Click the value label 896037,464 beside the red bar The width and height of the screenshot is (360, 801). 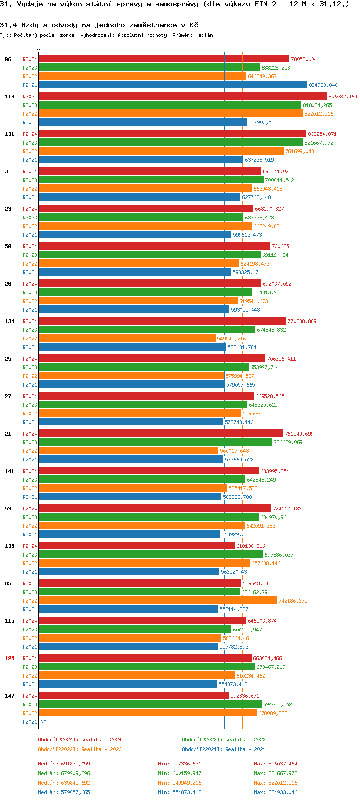tap(343, 97)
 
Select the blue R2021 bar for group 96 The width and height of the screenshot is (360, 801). tap(173, 85)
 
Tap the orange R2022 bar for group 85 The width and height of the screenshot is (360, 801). tap(158, 601)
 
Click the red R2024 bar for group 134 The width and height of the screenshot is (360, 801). tap(162, 321)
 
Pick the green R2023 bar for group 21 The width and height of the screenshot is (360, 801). tap(156, 442)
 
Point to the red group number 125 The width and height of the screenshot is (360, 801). tap(10, 658)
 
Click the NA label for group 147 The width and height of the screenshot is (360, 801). tap(43, 722)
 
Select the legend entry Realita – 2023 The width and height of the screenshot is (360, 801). tap(224, 740)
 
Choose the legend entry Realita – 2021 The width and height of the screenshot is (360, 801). tap(224, 749)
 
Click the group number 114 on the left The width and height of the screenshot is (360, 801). tap(10, 97)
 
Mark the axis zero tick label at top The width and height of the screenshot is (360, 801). tap(39, 50)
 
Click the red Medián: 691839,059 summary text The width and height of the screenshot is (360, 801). tap(64, 764)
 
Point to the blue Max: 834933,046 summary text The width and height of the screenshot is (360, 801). tap(276, 792)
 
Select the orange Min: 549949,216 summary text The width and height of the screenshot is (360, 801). tap(180, 783)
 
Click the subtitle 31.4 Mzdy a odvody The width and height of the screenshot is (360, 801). tap(99, 25)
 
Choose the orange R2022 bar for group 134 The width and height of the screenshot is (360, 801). tap(127, 339)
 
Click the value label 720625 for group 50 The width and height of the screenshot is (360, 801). tap(280, 246)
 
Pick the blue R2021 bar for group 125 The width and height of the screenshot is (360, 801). tap(128, 684)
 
